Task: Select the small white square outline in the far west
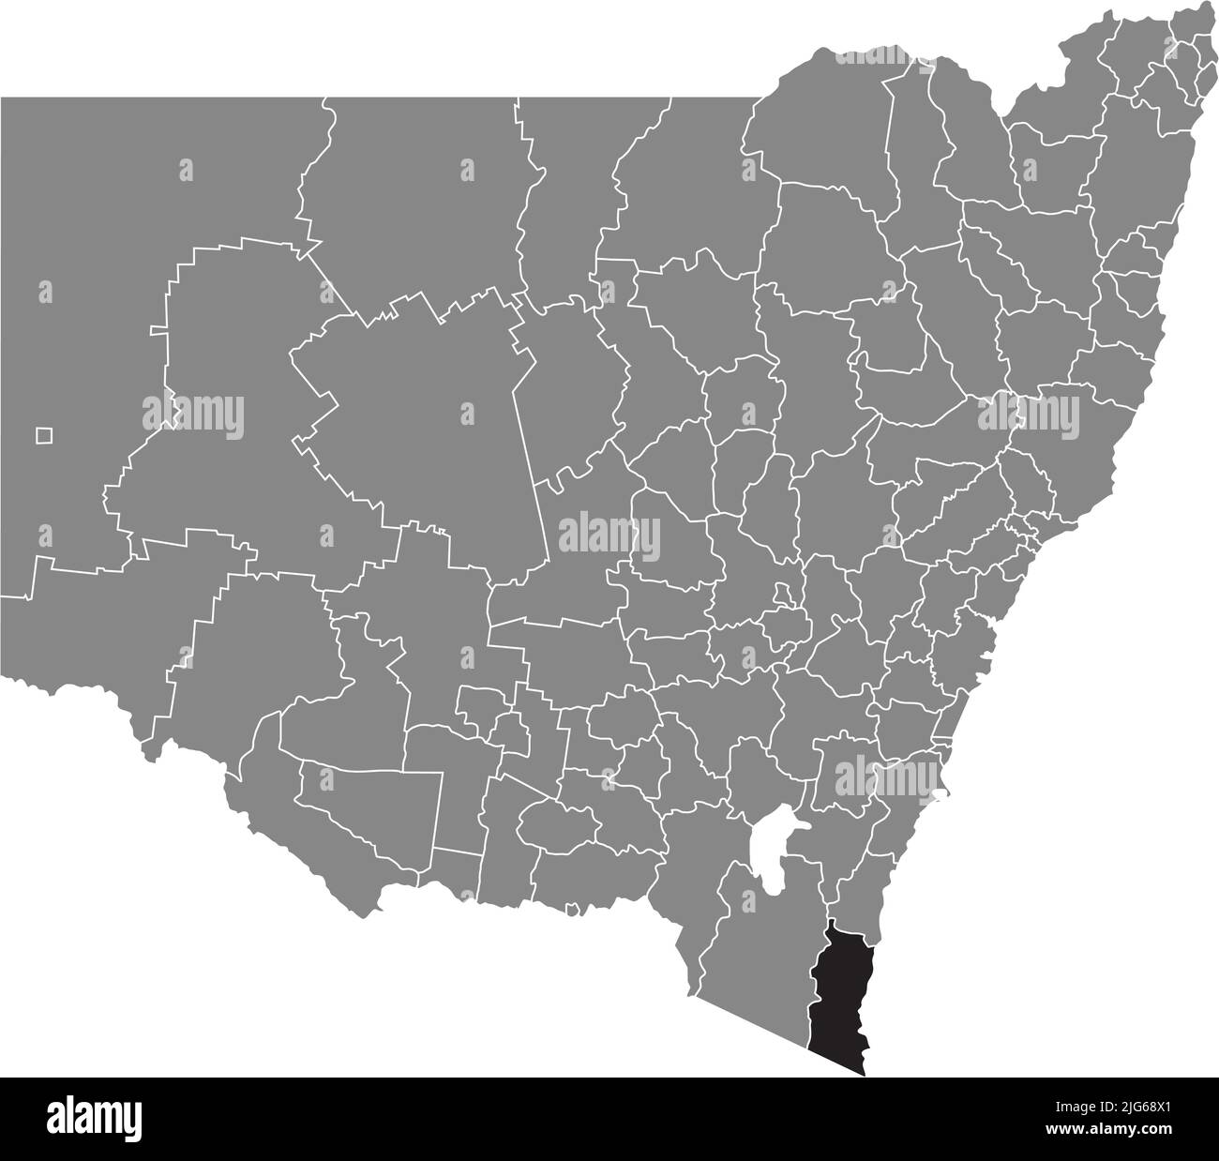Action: click(44, 435)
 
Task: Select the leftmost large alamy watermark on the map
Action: click(193, 413)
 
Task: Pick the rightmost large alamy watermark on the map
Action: click(1029, 413)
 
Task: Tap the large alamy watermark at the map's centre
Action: click(609, 535)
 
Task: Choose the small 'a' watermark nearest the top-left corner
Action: click(186, 170)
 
